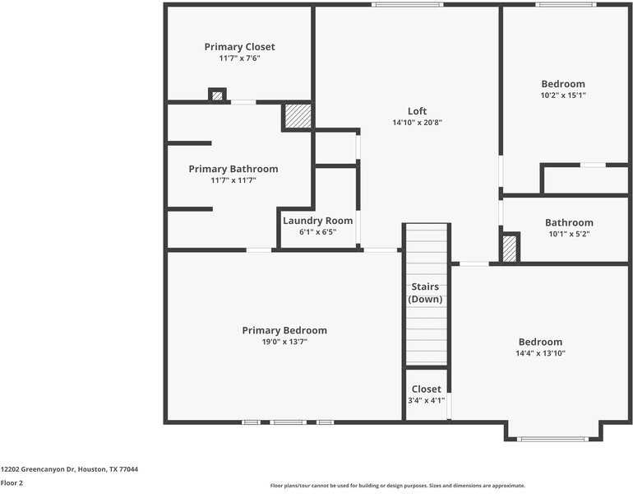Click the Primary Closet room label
(239, 47)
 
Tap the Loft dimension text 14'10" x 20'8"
(417, 123)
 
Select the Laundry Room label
(317, 221)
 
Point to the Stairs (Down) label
(425, 293)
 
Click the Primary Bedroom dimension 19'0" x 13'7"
(284, 342)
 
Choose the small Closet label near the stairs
(426, 389)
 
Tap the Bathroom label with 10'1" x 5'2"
(569, 222)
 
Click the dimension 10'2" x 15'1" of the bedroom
(563, 96)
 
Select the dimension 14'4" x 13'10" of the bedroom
(540, 353)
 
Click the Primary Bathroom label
(233, 169)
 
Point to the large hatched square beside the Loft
(298, 116)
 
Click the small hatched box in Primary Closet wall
(217, 96)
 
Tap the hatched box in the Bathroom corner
(510, 249)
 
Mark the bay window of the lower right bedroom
(552, 439)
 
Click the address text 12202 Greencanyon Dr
(69, 469)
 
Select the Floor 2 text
(12, 483)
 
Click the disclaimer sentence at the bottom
(397, 486)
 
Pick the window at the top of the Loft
(407, 5)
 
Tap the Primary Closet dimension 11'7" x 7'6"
(239, 58)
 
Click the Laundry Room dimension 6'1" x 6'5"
(317, 232)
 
